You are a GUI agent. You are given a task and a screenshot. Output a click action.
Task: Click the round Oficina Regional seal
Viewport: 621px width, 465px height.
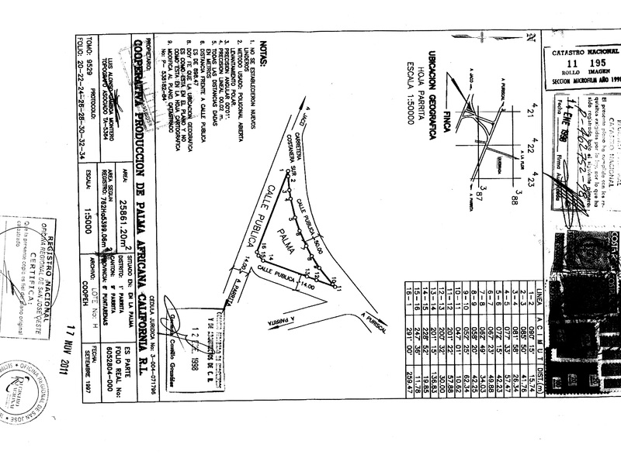(x=23, y=391)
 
